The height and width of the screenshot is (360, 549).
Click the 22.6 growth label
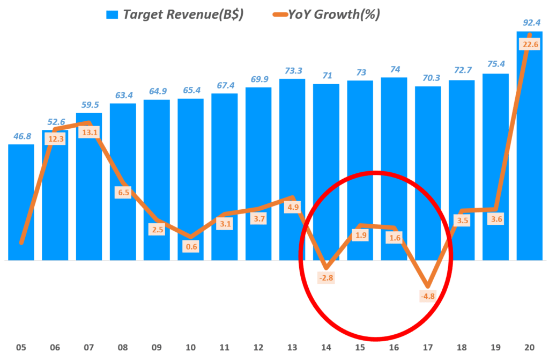pos(529,45)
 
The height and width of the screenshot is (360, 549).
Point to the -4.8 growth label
pos(427,295)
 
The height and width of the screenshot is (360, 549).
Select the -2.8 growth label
pos(326,277)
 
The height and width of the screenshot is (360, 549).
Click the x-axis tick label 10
pos(190,347)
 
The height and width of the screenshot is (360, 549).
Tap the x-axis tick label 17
pos(427,347)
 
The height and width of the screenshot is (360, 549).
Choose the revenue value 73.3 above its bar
pos(292,70)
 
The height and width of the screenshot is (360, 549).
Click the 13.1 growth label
pos(88,131)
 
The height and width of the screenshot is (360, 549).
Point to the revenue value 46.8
pos(21,136)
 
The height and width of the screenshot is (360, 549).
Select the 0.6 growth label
pos(190,246)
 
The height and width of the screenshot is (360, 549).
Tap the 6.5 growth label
pos(123,192)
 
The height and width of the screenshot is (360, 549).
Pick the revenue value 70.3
pos(427,78)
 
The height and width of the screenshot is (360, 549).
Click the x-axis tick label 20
pos(529,347)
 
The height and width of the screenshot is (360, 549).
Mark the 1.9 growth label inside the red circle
pos(360,234)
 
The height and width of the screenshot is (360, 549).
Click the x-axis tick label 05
pos(21,347)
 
